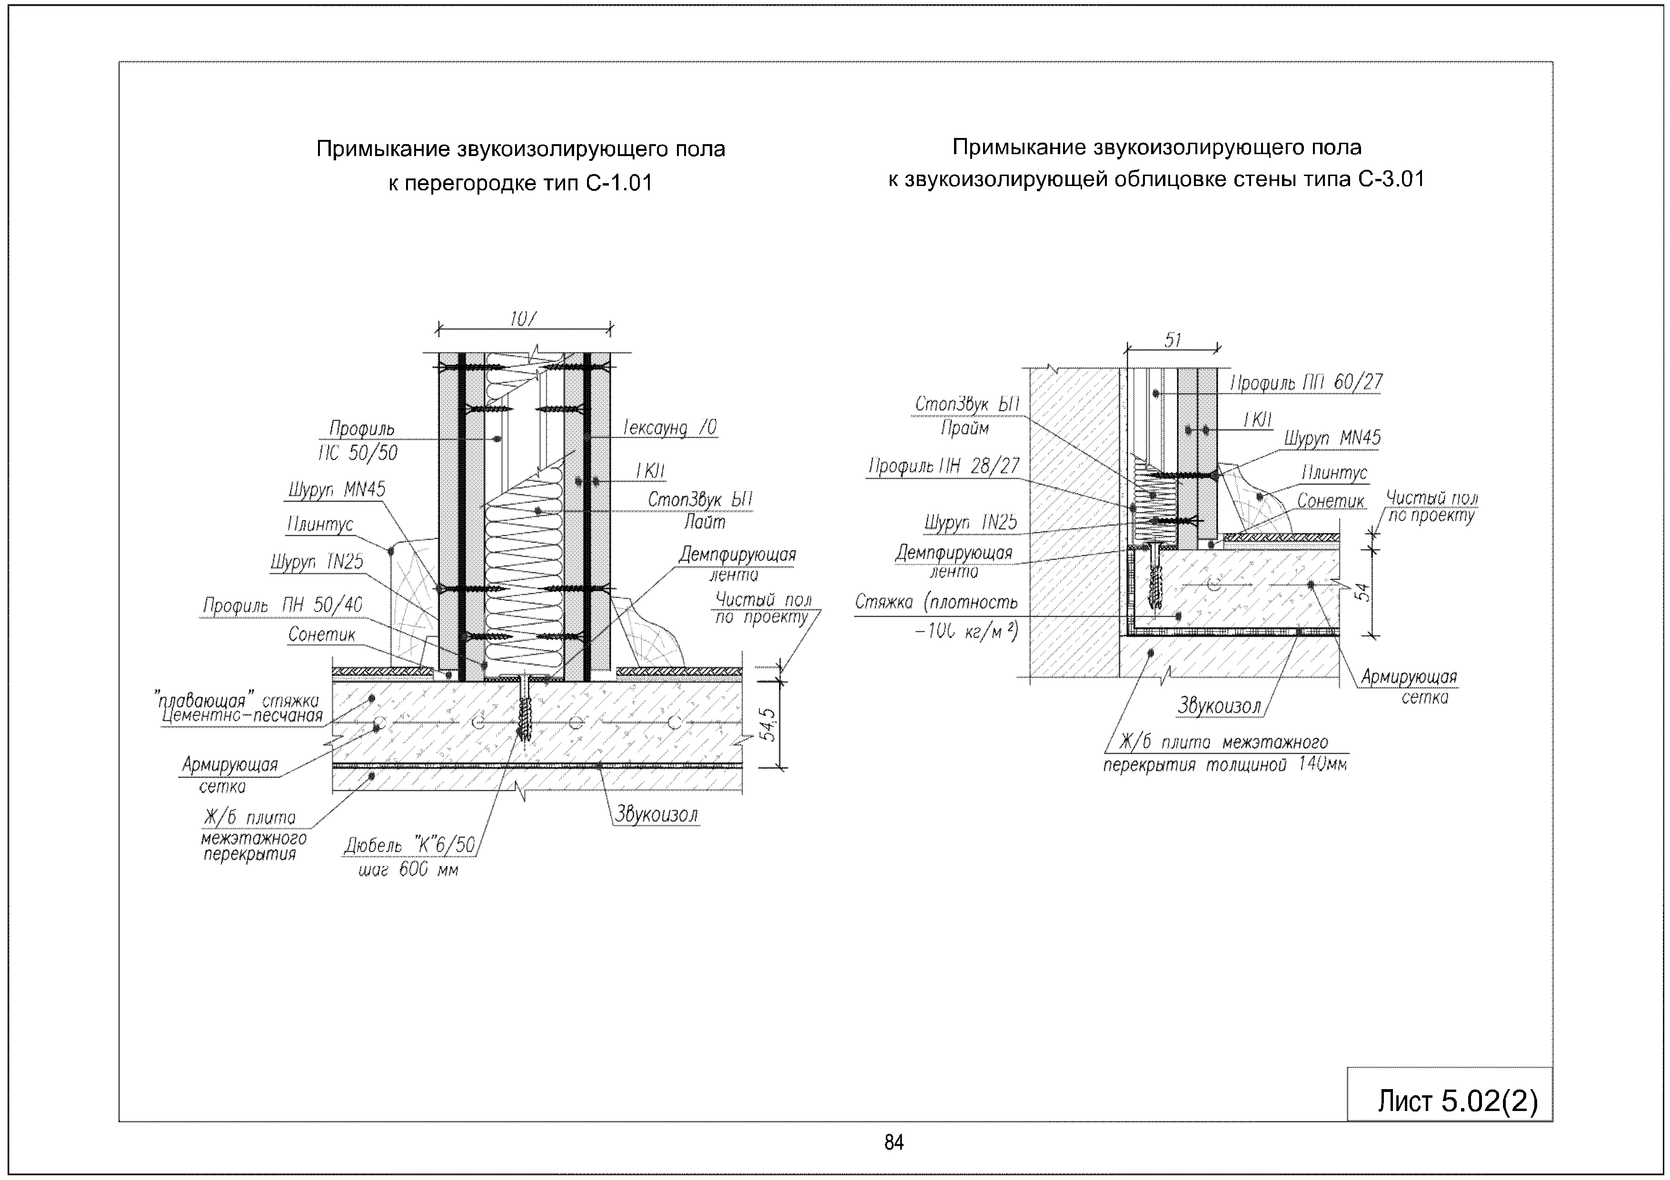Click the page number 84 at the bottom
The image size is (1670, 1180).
[894, 1143]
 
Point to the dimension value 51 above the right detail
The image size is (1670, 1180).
[1173, 340]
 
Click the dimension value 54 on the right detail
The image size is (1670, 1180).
[1364, 592]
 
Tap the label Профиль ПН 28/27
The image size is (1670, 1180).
[944, 466]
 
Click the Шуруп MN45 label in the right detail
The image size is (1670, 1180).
[1332, 438]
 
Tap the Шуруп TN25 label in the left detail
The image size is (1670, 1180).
[317, 562]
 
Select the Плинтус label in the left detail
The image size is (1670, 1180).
[320, 524]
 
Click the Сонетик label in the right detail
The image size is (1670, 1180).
[1331, 501]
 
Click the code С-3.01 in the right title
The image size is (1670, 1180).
[1391, 179]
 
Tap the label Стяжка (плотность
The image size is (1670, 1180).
[936, 602]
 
